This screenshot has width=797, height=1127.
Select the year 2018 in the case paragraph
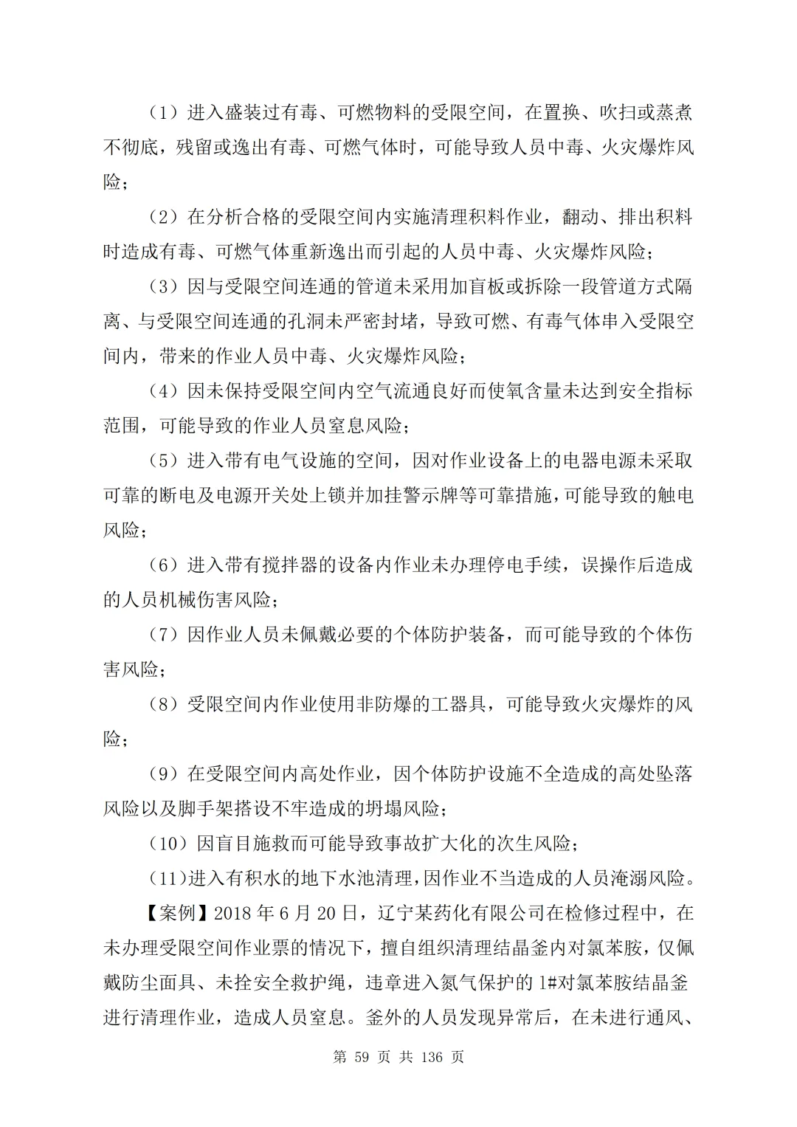(233, 913)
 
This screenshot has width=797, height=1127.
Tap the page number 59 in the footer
(361, 1057)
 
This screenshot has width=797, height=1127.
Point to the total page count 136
(430, 1057)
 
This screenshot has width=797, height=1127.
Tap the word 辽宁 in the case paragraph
(403, 913)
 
